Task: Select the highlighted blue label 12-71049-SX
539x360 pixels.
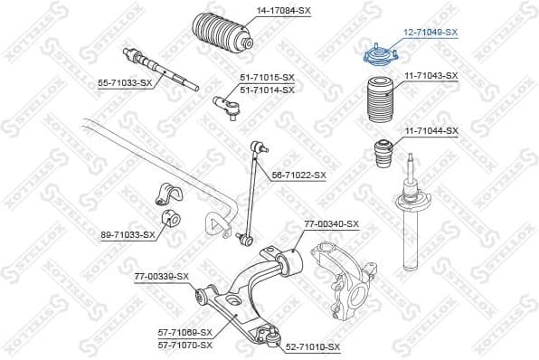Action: tap(430, 32)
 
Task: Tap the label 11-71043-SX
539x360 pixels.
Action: tap(430, 75)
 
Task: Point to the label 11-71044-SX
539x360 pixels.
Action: tap(430, 131)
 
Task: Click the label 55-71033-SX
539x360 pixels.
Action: tap(125, 82)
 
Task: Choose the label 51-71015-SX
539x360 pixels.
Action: tap(267, 79)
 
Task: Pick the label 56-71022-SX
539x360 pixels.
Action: tap(298, 175)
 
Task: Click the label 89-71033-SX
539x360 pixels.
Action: tap(128, 234)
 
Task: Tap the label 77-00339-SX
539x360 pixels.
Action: tap(162, 276)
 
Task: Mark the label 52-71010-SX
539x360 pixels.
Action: tap(313, 346)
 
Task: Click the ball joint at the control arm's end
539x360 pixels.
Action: tap(269, 336)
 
